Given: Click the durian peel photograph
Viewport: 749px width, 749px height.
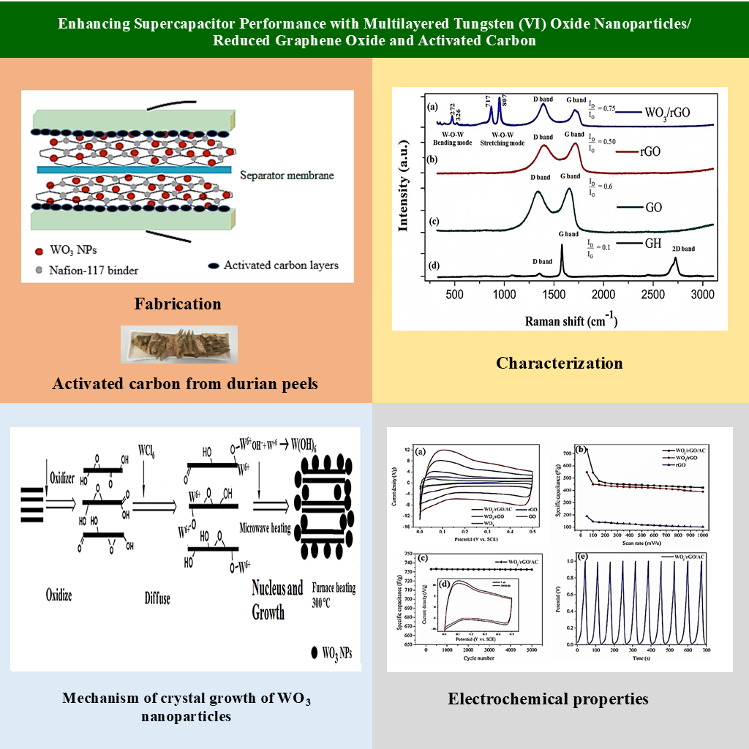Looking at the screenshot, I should tap(179, 345).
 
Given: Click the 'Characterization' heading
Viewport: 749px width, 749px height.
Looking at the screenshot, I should tap(560, 363).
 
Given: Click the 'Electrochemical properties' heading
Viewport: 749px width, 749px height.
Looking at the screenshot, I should tap(548, 699).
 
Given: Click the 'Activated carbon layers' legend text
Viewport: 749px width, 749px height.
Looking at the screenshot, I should tap(281, 266).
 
